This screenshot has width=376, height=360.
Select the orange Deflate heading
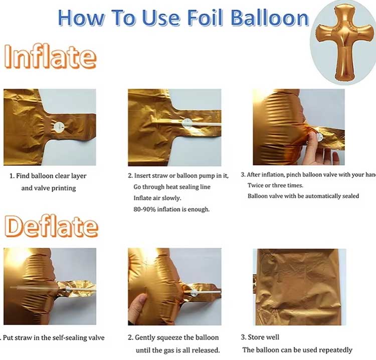[51, 226]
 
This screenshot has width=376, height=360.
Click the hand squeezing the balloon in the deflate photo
[139, 306]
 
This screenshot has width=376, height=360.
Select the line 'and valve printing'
[49, 188]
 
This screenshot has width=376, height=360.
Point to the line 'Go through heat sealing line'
[172, 187]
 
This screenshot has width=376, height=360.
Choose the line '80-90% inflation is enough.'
[171, 209]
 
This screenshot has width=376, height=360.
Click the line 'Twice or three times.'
[275, 185]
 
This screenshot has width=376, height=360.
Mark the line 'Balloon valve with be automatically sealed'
[303, 196]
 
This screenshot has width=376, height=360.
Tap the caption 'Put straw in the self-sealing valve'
[53, 337]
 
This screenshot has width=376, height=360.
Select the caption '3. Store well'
[261, 337]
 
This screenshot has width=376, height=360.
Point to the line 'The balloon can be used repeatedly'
[297, 349]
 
